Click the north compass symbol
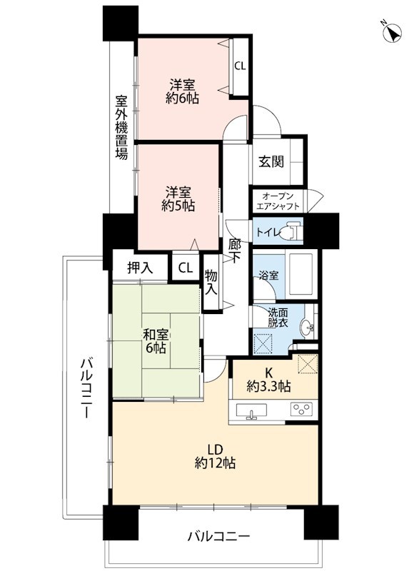pyautogui.click(x=390, y=33)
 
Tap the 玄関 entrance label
pyautogui.click(x=271, y=161)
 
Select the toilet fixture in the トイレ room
pyautogui.click(x=291, y=231)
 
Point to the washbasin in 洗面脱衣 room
pyautogui.click(x=308, y=328)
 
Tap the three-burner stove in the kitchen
pyautogui.click(x=300, y=410)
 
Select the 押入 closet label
pyautogui.click(x=139, y=268)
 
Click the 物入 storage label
pyautogui.click(x=212, y=282)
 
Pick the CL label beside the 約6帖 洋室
pyautogui.click(x=240, y=66)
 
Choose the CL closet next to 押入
pyautogui.click(x=185, y=268)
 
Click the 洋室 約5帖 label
pyautogui.click(x=178, y=198)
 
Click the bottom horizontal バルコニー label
pyautogui.click(x=218, y=535)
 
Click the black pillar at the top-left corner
pyautogui.click(x=119, y=22)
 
